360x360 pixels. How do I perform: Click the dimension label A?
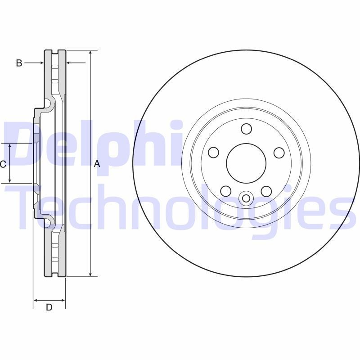pyautogui.click(x=96, y=165)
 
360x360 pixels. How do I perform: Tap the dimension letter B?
pyautogui.click(x=19, y=63)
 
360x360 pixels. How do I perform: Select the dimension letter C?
pyautogui.click(x=3, y=164)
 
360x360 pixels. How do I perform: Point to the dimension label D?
pyautogui.click(x=49, y=308)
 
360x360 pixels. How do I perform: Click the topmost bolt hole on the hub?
pyautogui.click(x=246, y=129)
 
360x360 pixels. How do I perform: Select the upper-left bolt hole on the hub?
pyautogui.click(x=214, y=153)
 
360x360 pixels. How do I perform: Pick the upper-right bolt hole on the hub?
pyautogui.click(x=279, y=153)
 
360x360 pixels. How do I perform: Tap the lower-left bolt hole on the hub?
pyautogui.click(x=226, y=191)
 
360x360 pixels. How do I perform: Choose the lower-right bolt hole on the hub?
pyautogui.click(x=266, y=191)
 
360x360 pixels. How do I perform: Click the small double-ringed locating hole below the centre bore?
pyautogui.click(x=246, y=198)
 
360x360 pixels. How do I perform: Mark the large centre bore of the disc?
pyautogui.click(x=246, y=164)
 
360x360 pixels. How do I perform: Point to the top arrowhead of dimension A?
pyautogui.click(x=90, y=53)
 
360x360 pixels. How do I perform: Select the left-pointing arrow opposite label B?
pyautogui.click(x=70, y=63)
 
